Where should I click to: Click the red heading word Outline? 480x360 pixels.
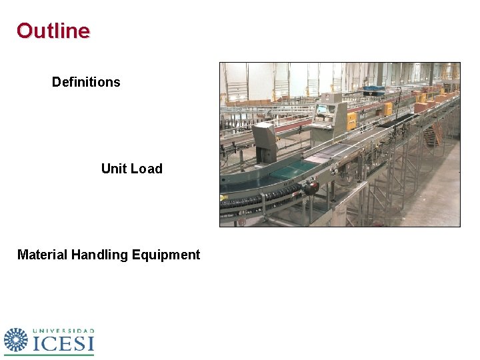(x=53, y=31)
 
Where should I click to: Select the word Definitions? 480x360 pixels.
(x=86, y=82)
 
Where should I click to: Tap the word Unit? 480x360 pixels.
(x=113, y=169)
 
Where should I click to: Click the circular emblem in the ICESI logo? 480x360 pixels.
(x=16, y=340)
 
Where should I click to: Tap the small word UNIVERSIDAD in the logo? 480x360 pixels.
(x=63, y=330)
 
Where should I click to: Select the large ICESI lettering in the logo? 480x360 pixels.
(x=63, y=343)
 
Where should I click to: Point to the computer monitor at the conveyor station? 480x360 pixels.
(x=322, y=109)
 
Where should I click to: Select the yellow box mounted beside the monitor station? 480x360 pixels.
(x=351, y=120)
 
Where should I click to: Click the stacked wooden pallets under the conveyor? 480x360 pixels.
(x=433, y=137)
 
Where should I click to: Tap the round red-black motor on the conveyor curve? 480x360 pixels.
(x=310, y=189)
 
